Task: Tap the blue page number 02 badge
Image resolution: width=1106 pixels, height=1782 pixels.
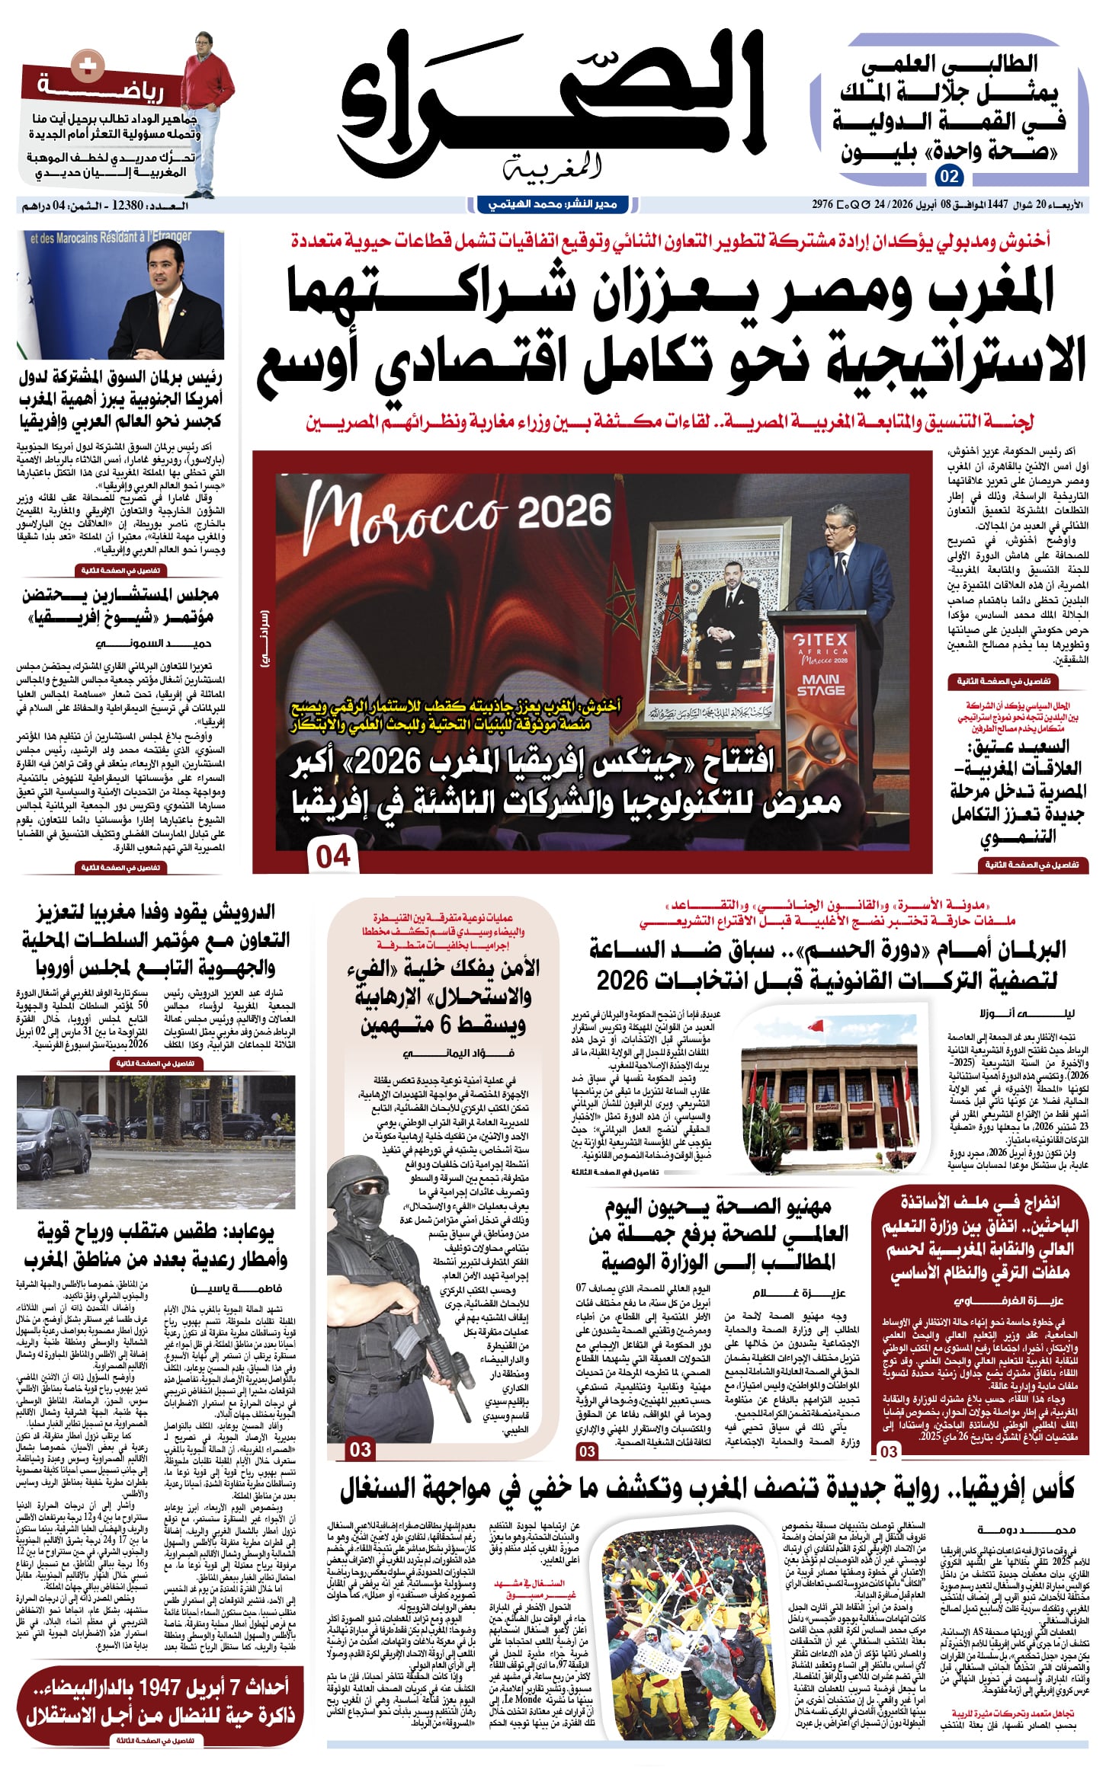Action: pyautogui.click(x=949, y=177)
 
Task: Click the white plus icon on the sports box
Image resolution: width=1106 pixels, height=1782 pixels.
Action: pyautogui.click(x=82, y=66)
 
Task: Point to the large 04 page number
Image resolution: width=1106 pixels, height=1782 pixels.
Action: pyautogui.click(x=333, y=856)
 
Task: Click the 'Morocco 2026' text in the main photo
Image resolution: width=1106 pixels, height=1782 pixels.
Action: pyautogui.click(x=457, y=513)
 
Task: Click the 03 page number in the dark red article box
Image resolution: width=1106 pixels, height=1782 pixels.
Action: pyautogui.click(x=888, y=1451)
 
